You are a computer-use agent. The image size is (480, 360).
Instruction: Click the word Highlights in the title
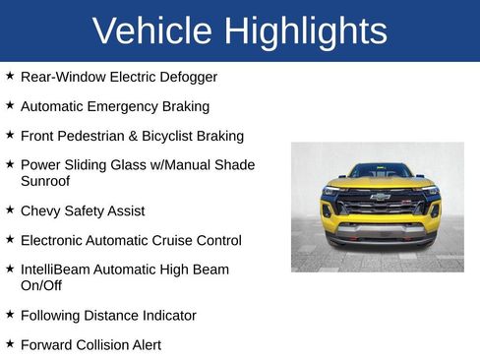coord(305,31)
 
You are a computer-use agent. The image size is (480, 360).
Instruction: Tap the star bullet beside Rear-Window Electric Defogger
coord(10,75)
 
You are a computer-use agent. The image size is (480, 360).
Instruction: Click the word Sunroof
coord(45,181)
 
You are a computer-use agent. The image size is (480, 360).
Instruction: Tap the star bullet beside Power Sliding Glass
coord(10,164)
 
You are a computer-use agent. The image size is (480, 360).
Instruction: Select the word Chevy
coord(40,210)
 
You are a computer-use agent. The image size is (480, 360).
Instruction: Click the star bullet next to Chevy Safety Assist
coord(10,210)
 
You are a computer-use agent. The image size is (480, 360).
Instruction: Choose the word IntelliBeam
coord(56,270)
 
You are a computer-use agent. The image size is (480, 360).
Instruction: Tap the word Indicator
coord(167,316)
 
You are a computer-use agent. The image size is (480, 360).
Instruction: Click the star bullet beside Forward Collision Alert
coord(10,343)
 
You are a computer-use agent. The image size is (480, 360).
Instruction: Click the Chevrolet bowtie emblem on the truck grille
coord(380,197)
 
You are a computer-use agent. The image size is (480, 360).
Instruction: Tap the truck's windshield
coord(380,171)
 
